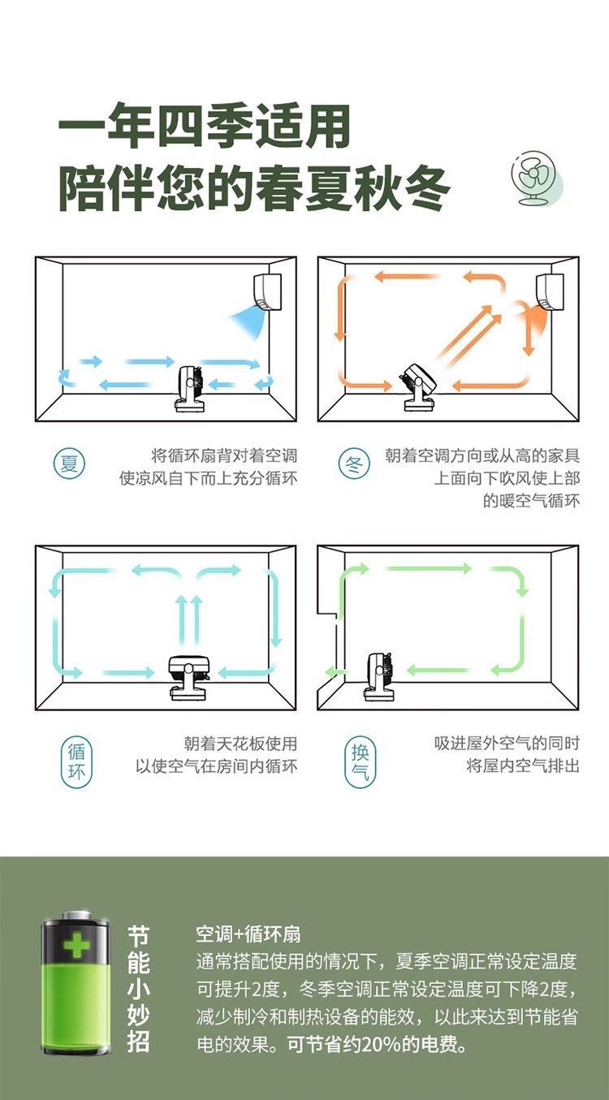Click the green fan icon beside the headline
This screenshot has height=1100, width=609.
[537, 180]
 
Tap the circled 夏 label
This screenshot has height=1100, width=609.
[70, 464]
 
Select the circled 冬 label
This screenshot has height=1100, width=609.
[352, 466]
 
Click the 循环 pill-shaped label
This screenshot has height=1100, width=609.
[77, 761]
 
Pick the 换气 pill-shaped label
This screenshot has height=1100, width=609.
[360, 761]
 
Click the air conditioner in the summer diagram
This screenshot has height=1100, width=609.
[268, 292]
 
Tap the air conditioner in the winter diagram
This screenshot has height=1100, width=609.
[550, 292]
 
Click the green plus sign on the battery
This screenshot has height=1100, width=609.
[77, 945]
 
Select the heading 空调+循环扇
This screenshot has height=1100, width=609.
[248, 934]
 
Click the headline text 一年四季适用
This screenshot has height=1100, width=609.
[205, 127]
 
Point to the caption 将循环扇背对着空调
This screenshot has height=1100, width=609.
[223, 455]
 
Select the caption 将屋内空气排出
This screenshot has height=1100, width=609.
[522, 766]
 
